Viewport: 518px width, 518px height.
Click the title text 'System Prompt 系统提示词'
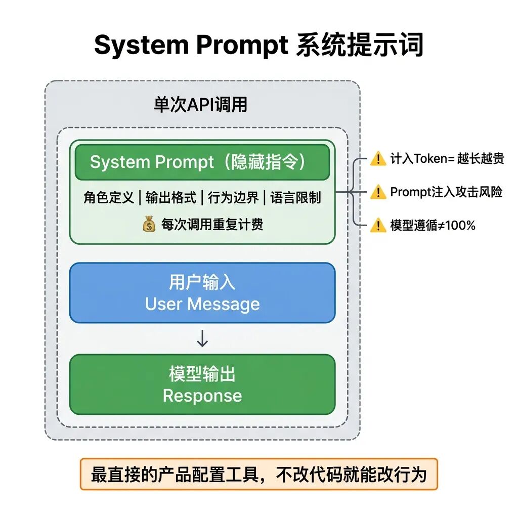point(258,46)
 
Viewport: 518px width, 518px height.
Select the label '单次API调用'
point(201,105)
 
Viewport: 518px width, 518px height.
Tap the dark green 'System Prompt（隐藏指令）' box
point(202,162)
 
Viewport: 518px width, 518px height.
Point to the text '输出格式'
point(170,197)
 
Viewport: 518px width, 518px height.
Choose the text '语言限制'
point(295,197)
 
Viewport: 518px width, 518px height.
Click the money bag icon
point(149,224)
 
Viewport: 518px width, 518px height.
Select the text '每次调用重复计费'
point(212,224)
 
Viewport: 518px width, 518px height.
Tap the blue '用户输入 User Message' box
point(202,293)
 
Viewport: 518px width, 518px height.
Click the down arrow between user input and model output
point(202,339)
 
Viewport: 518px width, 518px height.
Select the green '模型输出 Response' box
point(202,384)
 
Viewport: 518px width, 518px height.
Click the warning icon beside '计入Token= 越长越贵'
point(378,159)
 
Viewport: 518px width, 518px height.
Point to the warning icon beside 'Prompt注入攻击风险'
point(378,192)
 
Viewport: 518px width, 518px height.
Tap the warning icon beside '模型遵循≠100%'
point(378,226)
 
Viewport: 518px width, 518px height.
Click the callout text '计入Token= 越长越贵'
point(447,159)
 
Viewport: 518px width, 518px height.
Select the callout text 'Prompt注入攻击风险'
point(446,192)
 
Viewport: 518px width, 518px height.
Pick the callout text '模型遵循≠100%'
point(433,226)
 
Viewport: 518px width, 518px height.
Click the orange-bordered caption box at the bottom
point(258,474)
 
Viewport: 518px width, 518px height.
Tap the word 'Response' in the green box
point(202,396)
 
